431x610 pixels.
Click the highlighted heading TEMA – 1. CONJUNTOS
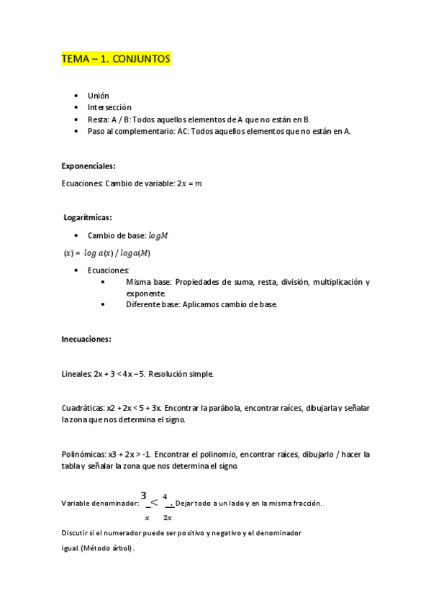[x=116, y=60]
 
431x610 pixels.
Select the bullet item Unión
[x=99, y=96]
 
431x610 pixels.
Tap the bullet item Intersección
[x=109, y=107]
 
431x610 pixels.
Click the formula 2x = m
[x=189, y=183]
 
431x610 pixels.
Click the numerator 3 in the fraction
[x=144, y=495]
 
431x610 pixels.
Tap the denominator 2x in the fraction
[x=167, y=517]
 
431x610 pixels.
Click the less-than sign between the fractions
[x=155, y=501]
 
